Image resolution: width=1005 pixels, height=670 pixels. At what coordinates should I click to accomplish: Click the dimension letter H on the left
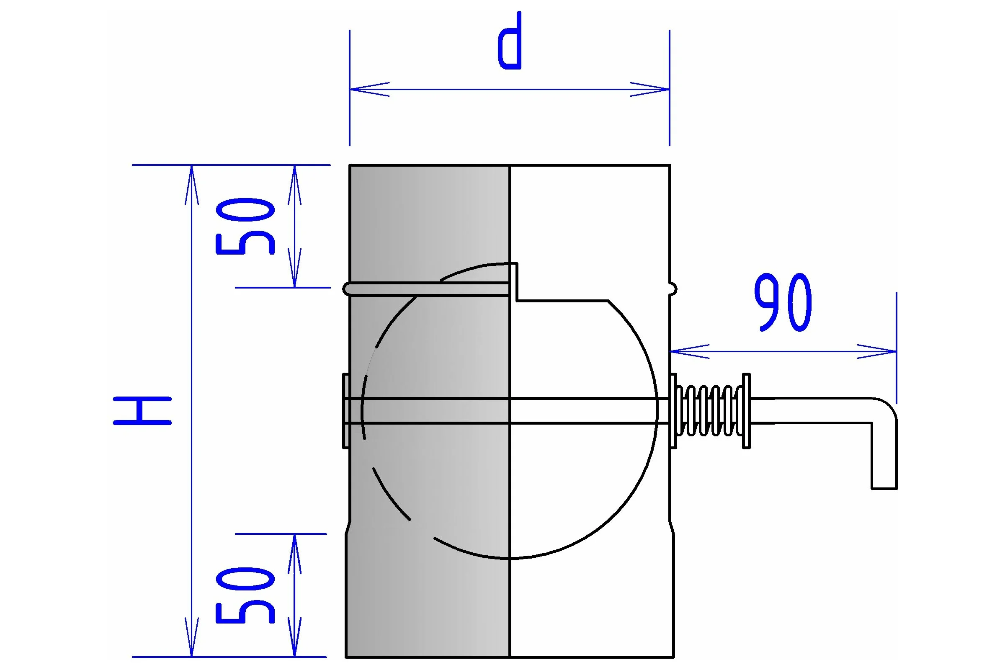pos(142,411)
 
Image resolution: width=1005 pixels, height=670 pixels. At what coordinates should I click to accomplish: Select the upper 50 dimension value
pos(245,226)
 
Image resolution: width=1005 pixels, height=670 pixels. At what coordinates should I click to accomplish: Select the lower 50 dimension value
pos(245,595)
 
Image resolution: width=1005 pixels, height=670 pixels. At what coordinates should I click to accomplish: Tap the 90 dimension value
pos(783,302)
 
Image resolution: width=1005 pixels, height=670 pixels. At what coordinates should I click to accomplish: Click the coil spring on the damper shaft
pos(710,411)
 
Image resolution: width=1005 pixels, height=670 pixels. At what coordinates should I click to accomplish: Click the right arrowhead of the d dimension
pos(649,89)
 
